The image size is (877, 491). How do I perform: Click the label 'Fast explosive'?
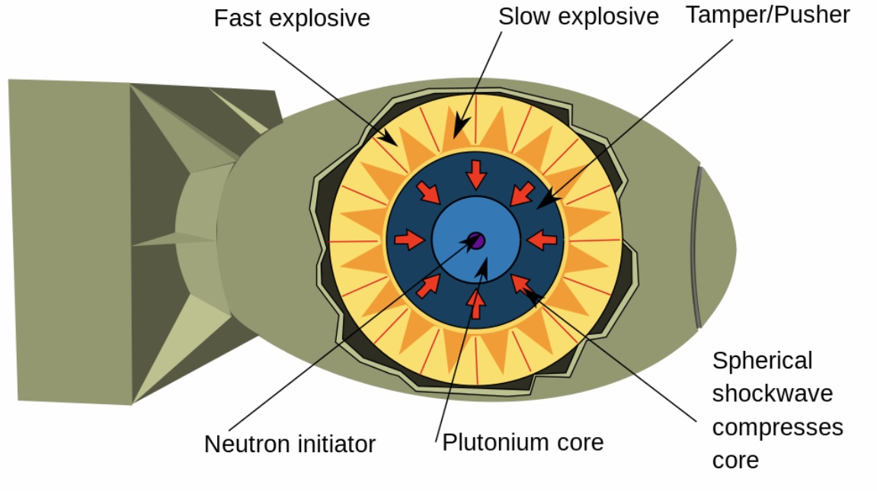tap(292, 18)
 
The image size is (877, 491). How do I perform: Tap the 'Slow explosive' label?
tap(578, 17)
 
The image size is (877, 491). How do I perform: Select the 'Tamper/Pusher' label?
tap(768, 15)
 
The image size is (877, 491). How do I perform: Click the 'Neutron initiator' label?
tap(290, 444)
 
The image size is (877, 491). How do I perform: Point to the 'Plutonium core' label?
tap(523, 442)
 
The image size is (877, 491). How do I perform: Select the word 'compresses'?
tap(777, 427)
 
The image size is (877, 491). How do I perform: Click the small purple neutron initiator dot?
tap(476, 241)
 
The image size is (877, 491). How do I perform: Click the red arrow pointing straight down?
tap(476, 174)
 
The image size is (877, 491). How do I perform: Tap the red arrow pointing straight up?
tap(476, 304)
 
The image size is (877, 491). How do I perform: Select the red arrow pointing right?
tap(409, 240)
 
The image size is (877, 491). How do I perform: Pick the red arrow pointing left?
tap(542, 240)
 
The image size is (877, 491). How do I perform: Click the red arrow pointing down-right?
tap(428, 193)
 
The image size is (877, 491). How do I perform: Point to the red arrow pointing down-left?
tap(523, 193)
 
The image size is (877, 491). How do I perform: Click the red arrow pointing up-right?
tap(428, 286)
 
